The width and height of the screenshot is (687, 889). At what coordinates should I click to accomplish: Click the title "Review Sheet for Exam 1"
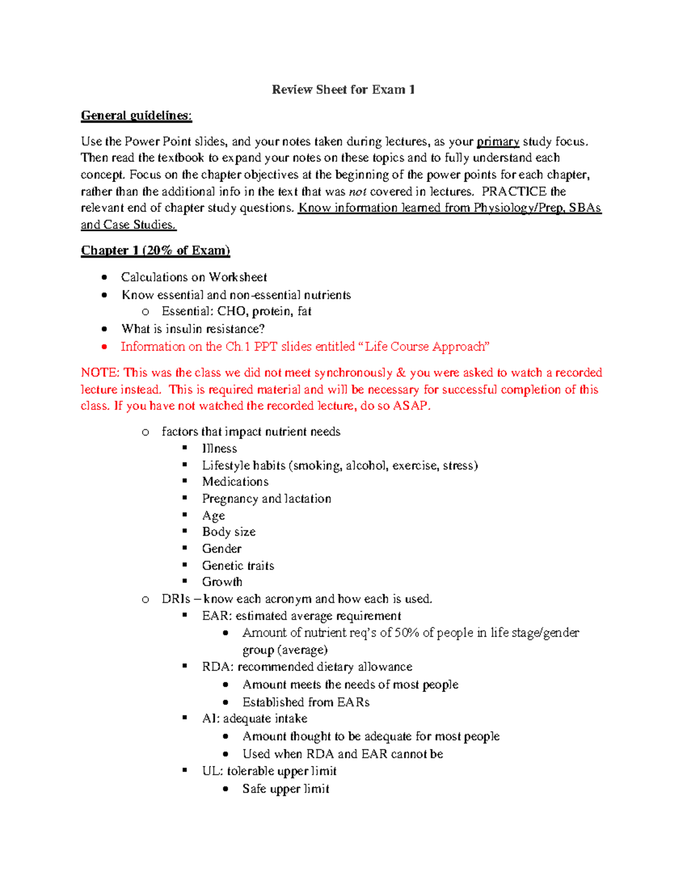(x=343, y=90)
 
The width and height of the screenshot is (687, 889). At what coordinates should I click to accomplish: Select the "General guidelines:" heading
(x=136, y=116)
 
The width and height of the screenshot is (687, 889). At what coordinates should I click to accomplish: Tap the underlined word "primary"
(x=498, y=141)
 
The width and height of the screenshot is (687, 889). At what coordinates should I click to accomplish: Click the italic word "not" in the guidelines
(x=357, y=192)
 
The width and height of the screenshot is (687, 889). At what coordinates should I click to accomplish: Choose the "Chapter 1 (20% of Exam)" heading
(x=155, y=251)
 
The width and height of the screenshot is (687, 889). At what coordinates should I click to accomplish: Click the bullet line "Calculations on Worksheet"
(x=194, y=278)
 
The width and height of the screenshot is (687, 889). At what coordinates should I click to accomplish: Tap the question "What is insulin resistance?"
(x=193, y=329)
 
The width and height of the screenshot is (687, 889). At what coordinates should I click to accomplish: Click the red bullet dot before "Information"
(x=104, y=347)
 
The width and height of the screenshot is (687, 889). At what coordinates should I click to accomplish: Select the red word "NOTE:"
(x=100, y=373)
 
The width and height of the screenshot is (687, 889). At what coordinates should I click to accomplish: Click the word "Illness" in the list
(x=219, y=449)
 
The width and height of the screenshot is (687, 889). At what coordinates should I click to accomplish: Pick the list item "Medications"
(x=235, y=482)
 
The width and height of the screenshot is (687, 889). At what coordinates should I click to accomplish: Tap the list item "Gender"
(x=222, y=549)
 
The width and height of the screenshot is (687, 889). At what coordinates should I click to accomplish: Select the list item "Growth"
(x=222, y=582)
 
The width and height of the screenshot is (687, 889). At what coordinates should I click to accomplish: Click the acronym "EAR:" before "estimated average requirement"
(x=216, y=616)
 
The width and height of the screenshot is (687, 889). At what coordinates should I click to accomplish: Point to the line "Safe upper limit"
(x=286, y=789)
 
